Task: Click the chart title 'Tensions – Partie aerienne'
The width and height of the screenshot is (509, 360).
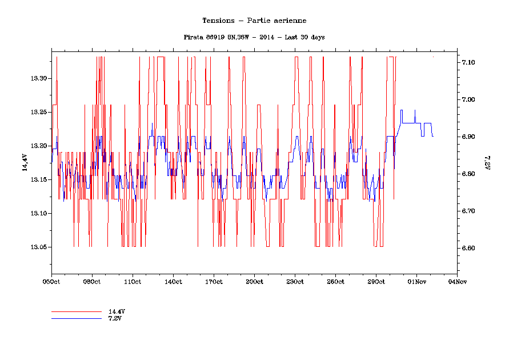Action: pyautogui.click(x=254, y=21)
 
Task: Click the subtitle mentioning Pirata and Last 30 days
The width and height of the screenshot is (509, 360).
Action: pyautogui.click(x=254, y=37)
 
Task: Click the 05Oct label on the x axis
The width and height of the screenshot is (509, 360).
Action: pyautogui.click(x=51, y=282)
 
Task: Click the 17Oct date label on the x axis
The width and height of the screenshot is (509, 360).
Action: pyautogui.click(x=214, y=282)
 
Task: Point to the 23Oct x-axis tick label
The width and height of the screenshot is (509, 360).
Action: pyautogui.click(x=295, y=282)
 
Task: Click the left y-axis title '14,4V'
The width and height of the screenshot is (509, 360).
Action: pyautogui.click(x=25, y=163)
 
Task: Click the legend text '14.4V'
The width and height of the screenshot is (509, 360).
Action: pyautogui.click(x=117, y=311)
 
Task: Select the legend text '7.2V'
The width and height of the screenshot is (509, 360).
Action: pyautogui.click(x=115, y=318)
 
